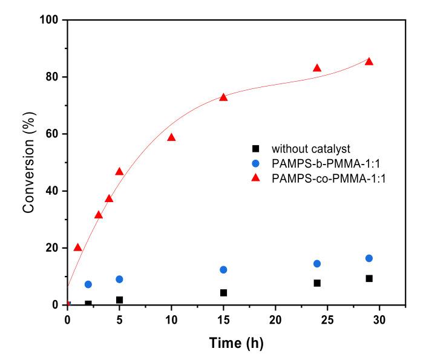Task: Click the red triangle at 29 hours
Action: point(369,62)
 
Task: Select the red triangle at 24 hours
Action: point(317,68)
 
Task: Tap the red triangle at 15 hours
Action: point(223,97)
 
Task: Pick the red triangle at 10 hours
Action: point(171,137)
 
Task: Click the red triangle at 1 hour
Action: point(77,247)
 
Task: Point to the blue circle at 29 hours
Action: point(369,258)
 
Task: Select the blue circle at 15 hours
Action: point(223,270)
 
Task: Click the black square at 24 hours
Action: point(317,283)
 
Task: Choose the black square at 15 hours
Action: point(223,293)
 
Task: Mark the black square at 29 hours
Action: point(369,278)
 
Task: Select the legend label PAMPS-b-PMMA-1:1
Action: point(318,163)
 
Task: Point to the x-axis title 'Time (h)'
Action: point(237,343)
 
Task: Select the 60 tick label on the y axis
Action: point(51,134)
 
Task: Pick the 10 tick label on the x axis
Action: point(171,318)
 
